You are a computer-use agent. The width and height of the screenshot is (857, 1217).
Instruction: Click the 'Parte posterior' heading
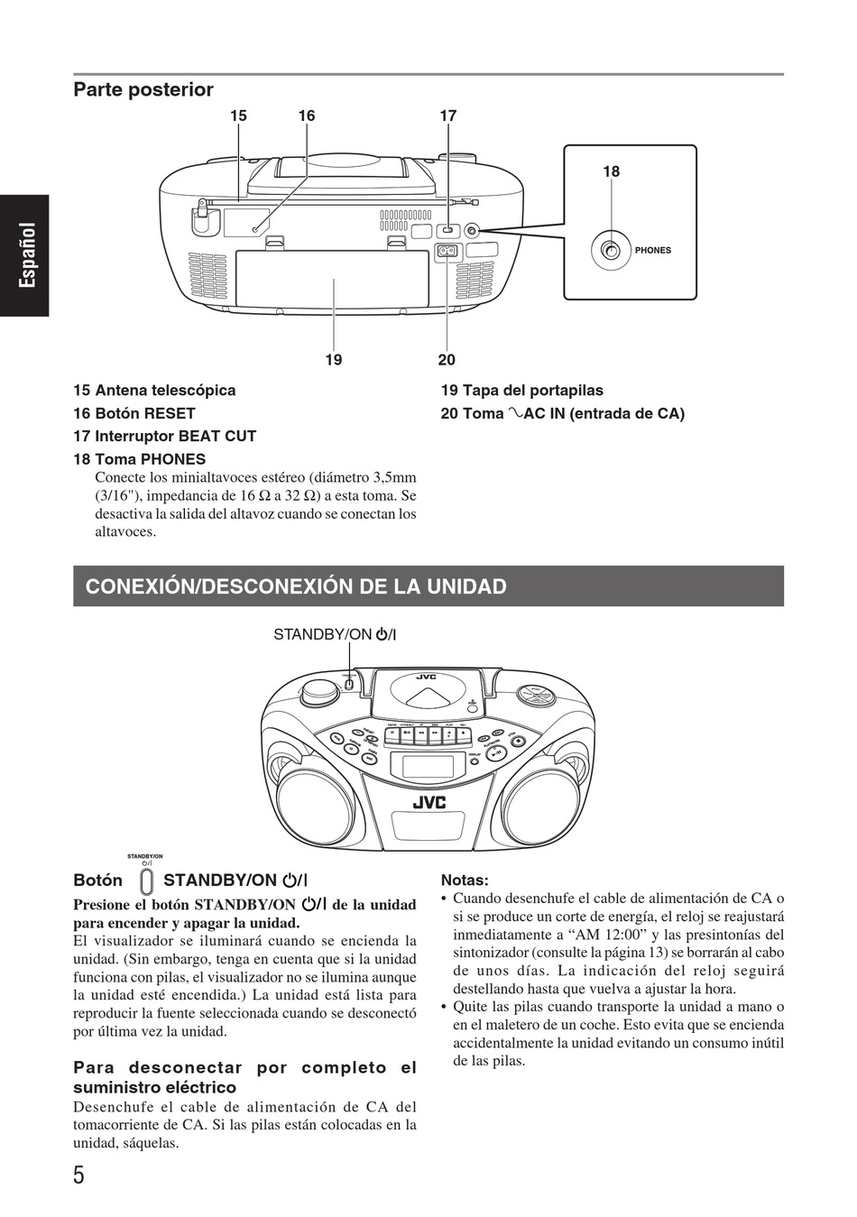tap(143, 89)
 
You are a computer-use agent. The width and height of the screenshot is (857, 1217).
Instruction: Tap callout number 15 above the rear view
tap(238, 115)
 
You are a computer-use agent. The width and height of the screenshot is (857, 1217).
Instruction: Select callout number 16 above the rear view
tap(307, 115)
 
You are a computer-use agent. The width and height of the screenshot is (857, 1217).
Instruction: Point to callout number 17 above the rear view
tap(448, 115)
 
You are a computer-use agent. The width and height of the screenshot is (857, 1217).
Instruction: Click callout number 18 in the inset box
tap(612, 171)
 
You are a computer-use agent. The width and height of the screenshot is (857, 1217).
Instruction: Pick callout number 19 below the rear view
tap(334, 360)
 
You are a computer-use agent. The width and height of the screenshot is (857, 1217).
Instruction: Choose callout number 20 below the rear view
tap(447, 360)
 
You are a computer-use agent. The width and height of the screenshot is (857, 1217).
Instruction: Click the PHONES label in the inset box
tap(653, 250)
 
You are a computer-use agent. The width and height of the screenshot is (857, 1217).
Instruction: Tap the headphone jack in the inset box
tap(612, 251)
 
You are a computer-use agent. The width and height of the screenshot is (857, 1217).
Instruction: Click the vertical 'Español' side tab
tap(27, 255)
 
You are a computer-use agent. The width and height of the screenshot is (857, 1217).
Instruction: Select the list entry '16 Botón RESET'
tap(134, 413)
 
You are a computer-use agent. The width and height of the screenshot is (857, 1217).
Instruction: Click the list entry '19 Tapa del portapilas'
tap(521, 391)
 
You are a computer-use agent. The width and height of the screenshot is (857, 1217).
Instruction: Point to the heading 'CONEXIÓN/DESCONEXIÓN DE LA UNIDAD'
tap(296, 586)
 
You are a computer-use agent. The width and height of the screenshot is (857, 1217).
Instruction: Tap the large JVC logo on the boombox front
tap(429, 803)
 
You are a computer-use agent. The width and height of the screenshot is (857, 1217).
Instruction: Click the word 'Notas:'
tap(465, 880)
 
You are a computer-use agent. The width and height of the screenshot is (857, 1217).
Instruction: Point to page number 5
tap(78, 1176)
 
